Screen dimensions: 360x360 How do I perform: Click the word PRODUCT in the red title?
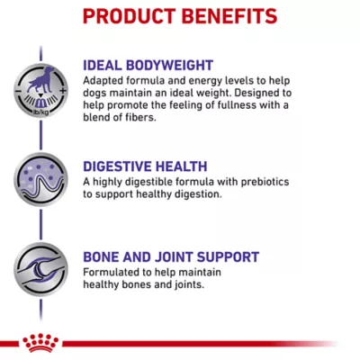[130, 16]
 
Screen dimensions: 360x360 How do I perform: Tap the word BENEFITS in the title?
[229, 16]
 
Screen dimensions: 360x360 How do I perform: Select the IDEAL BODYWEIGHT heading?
[148, 66]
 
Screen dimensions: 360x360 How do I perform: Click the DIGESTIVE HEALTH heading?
[145, 166]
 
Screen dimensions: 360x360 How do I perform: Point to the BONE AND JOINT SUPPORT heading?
[171, 257]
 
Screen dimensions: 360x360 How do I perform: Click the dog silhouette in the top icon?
[41, 79]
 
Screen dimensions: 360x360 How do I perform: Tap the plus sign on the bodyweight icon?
[63, 91]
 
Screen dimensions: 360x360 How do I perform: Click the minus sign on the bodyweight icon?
[19, 91]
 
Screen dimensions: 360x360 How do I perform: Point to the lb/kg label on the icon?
[40, 112]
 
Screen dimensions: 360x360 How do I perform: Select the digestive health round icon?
[40, 179]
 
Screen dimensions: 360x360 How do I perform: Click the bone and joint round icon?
[40, 269]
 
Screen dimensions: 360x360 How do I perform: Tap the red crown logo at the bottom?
[40, 343]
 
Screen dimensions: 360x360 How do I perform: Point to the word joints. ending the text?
[189, 284]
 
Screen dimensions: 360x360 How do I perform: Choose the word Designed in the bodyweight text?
[258, 93]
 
